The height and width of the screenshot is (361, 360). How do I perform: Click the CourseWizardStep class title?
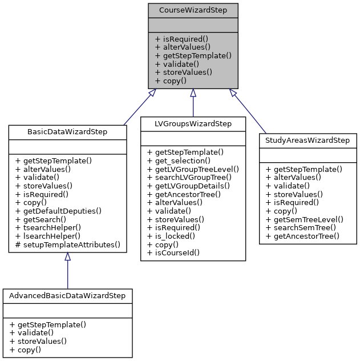click(x=193, y=10)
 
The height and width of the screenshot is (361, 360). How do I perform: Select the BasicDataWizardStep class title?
click(x=67, y=131)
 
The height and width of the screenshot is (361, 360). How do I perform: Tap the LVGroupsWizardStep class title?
click(x=193, y=123)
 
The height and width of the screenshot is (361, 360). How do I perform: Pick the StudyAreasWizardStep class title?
click(x=308, y=140)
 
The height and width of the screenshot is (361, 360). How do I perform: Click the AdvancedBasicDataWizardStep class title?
click(x=67, y=295)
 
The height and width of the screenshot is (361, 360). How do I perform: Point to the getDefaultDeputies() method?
click(x=58, y=210)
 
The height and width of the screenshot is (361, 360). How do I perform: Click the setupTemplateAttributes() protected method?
click(x=68, y=244)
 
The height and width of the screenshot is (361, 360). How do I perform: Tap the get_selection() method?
click(x=179, y=161)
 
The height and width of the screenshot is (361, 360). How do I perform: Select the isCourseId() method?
click(x=173, y=252)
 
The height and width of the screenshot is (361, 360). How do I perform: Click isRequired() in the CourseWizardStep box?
click(x=178, y=38)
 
